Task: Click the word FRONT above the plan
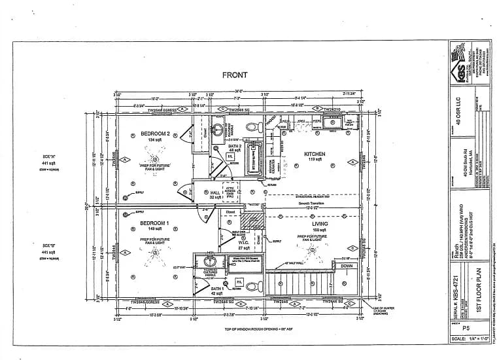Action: pos(233,75)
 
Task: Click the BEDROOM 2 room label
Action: pos(154,134)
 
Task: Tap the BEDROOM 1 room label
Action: pos(154,223)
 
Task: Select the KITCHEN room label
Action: pos(315,154)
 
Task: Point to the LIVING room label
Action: pos(320,224)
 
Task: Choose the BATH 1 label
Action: pos(217,288)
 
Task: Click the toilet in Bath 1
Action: pos(251,286)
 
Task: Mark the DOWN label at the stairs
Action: pos(347,266)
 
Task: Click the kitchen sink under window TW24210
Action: pos(330,122)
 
